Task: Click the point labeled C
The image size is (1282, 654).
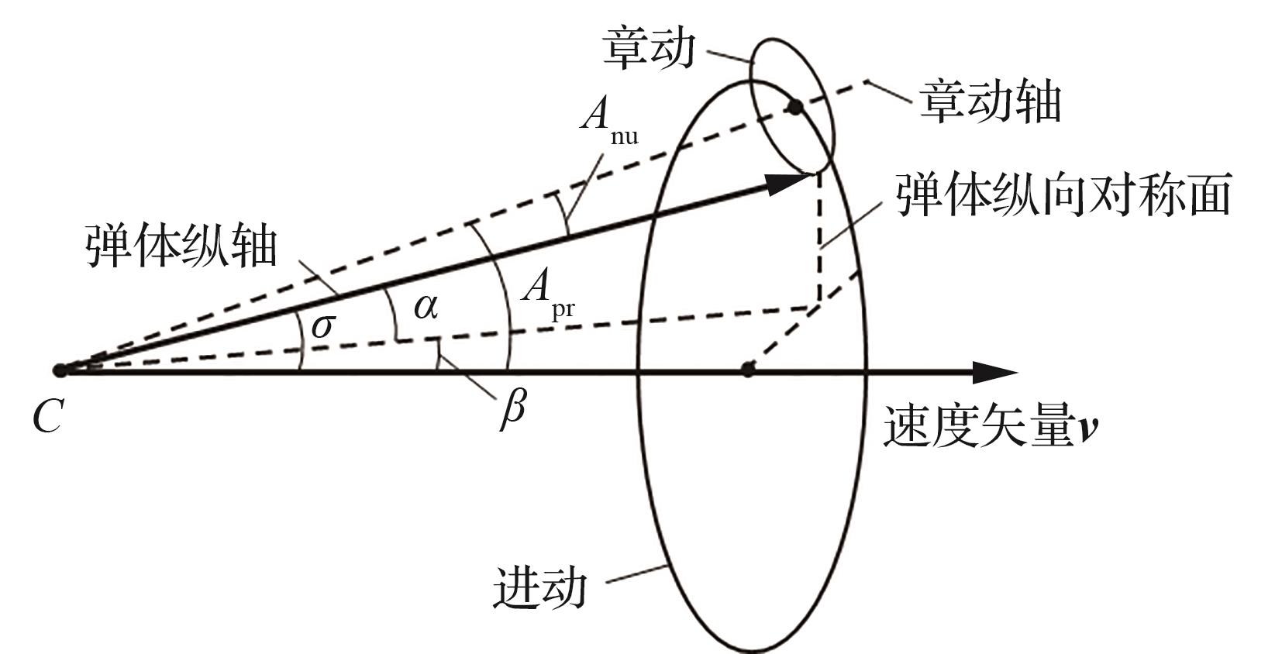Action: (60, 370)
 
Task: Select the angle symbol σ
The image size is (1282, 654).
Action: (322, 326)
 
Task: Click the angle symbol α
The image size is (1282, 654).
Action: (426, 308)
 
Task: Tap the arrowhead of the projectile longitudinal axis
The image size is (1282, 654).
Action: (787, 184)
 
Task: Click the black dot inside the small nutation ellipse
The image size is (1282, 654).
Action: (794, 106)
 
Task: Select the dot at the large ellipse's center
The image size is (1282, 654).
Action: (747, 370)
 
